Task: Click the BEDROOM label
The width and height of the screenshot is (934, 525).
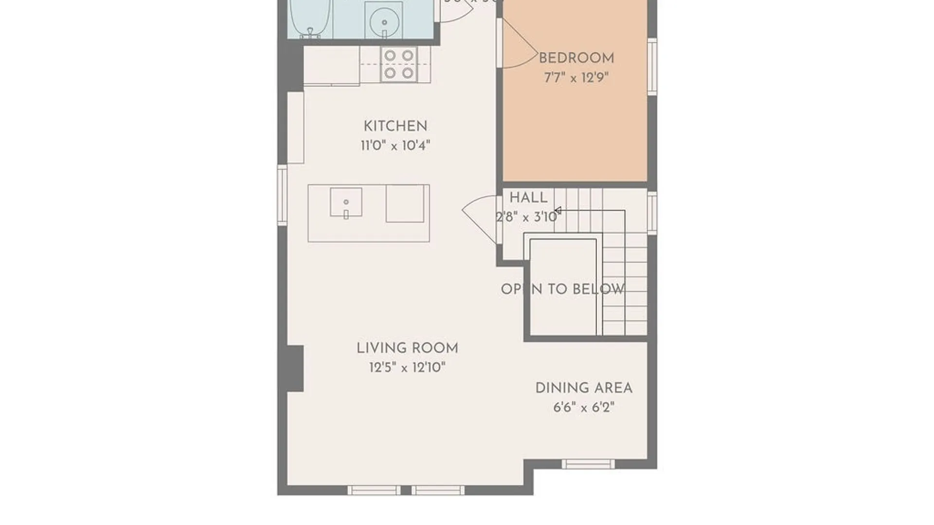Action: (576, 58)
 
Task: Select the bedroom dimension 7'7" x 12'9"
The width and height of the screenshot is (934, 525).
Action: (576, 78)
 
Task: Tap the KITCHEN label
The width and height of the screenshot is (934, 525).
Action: (395, 126)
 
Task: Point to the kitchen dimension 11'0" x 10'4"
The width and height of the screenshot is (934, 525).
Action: (395, 145)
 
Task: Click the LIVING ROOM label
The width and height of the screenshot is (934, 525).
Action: (407, 348)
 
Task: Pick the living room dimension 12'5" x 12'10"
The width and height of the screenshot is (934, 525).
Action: (407, 367)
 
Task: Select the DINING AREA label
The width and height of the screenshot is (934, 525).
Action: (584, 388)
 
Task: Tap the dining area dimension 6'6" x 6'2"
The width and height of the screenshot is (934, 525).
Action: (584, 407)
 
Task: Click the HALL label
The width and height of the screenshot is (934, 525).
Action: (528, 198)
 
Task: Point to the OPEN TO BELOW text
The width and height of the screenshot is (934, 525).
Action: (563, 289)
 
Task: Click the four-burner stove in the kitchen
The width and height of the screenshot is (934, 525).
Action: (399, 64)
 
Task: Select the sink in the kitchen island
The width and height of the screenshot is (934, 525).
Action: (346, 202)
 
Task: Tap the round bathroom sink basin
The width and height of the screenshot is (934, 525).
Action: (384, 22)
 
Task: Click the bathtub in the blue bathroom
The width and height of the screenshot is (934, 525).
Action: (310, 17)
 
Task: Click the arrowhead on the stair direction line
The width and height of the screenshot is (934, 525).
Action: (558, 210)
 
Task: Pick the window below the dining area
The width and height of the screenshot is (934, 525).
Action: (588, 464)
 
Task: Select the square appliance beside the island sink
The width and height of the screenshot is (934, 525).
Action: (405, 204)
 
